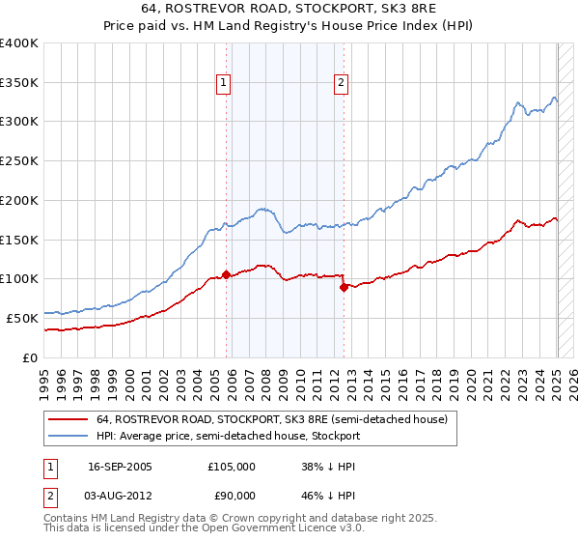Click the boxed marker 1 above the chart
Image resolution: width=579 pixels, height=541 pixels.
(224, 83)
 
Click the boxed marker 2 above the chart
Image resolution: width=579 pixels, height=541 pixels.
(342, 83)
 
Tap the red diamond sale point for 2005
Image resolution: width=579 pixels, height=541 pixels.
(227, 274)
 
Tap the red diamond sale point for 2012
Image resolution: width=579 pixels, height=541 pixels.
(344, 286)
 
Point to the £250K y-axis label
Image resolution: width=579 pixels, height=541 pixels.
(19, 161)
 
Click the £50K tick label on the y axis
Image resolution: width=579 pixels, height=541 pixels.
(22, 318)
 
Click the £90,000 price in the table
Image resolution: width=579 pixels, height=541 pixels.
(232, 495)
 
